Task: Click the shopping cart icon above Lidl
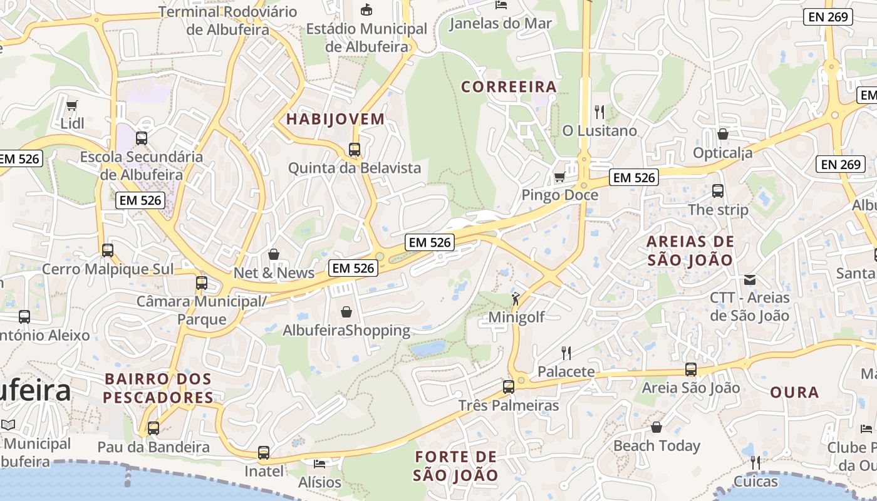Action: (x=72, y=105)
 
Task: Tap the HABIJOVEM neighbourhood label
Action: (x=335, y=119)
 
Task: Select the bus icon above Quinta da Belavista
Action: (x=355, y=150)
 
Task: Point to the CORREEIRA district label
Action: (x=509, y=87)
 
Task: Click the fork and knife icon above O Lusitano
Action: (x=599, y=112)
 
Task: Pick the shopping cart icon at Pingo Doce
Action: (x=559, y=177)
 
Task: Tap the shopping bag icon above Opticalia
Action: (x=723, y=134)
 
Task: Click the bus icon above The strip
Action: (x=718, y=191)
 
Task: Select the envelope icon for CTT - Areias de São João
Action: (x=750, y=279)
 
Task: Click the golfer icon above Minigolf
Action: (x=516, y=299)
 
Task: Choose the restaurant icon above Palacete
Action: (x=566, y=353)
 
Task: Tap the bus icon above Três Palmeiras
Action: (x=508, y=386)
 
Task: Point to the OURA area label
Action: (x=794, y=393)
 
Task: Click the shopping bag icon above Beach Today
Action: (x=656, y=427)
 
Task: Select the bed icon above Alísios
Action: (x=319, y=464)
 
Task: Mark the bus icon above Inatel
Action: (x=264, y=452)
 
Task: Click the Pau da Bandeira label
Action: (x=153, y=447)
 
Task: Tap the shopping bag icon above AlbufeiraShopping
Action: (x=346, y=311)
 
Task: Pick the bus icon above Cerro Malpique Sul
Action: (x=108, y=250)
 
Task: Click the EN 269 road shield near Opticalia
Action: (x=841, y=164)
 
